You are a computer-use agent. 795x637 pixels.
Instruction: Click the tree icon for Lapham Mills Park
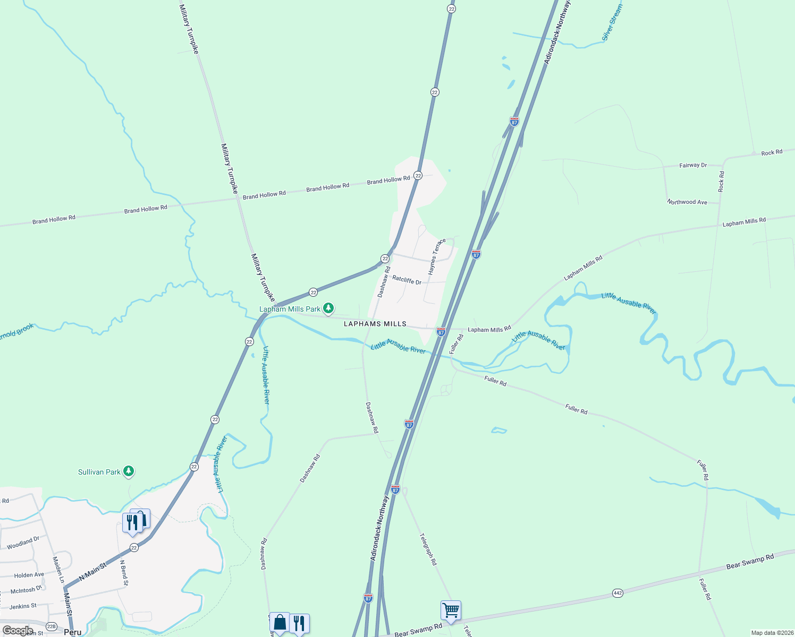click(328, 308)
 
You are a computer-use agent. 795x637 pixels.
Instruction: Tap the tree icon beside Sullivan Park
click(128, 471)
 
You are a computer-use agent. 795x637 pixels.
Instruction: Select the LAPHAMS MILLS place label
click(375, 324)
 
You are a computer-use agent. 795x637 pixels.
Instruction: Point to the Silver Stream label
click(612, 22)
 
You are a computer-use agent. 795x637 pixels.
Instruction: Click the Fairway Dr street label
click(693, 166)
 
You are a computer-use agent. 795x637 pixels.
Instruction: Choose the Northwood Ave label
click(687, 202)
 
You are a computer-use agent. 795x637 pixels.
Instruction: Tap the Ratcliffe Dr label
click(407, 280)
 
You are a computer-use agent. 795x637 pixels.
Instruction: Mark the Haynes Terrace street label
click(437, 257)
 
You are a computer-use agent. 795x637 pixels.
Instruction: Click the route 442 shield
click(618, 593)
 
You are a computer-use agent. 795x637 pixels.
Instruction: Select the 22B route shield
click(51, 626)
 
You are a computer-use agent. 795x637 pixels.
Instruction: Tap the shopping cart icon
click(451, 610)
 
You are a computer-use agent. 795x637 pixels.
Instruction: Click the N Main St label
click(92, 571)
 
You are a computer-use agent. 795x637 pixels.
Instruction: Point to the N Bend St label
click(123, 573)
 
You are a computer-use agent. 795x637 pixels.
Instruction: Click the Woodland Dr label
click(23, 543)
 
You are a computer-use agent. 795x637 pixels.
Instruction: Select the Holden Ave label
click(29, 575)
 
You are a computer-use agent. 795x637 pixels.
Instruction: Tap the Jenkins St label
click(23, 606)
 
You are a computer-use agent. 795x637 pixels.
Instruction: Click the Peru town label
click(73, 632)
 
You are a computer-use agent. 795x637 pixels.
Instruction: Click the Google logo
click(18, 631)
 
